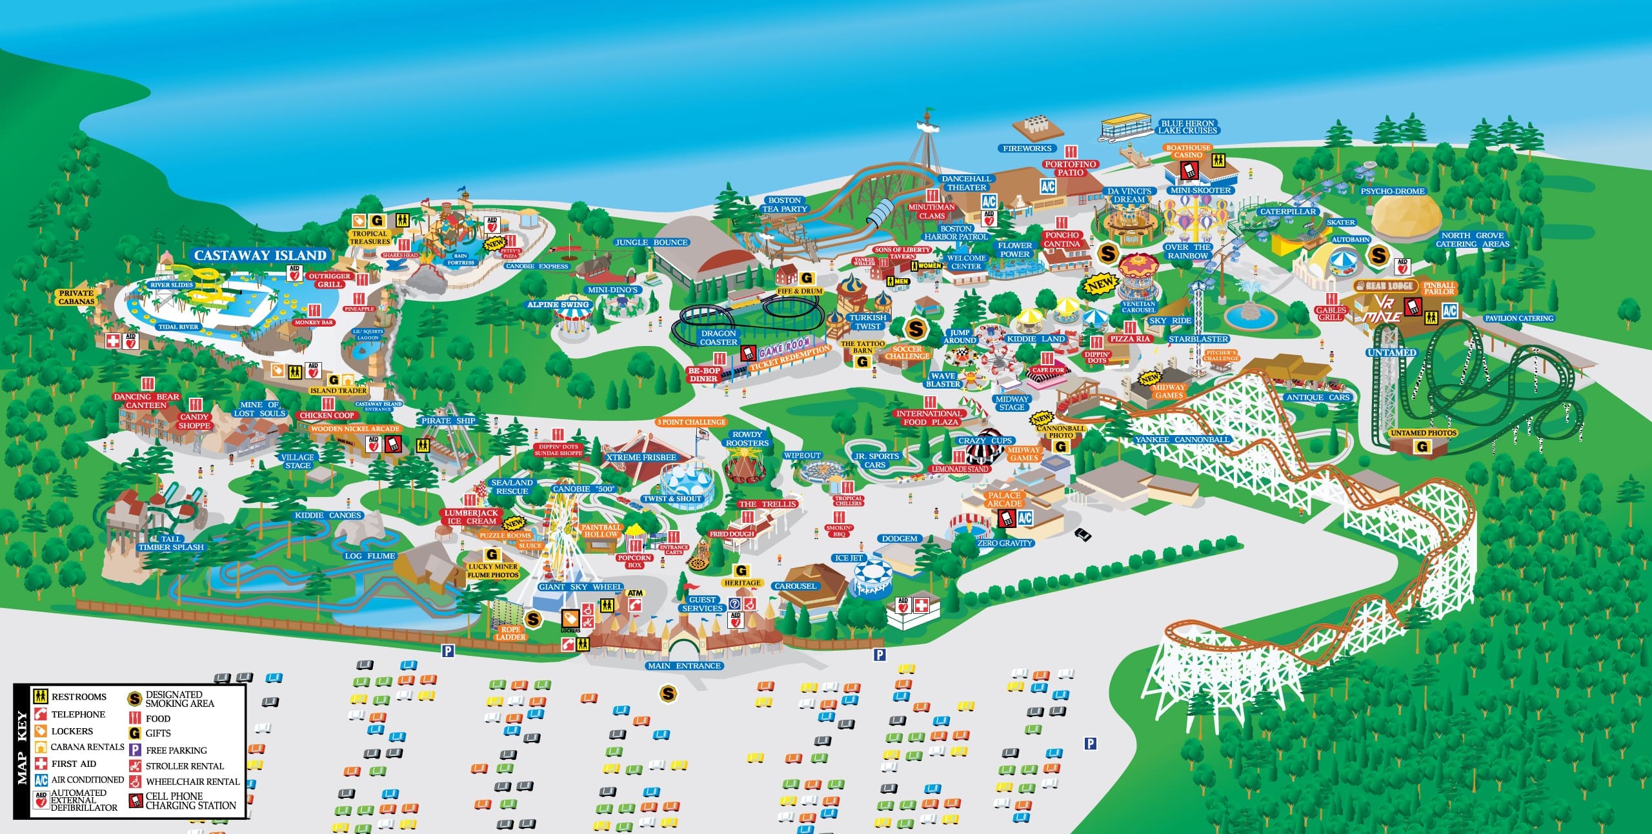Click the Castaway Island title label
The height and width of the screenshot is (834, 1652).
click(x=260, y=256)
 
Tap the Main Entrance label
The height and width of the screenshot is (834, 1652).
click(x=684, y=666)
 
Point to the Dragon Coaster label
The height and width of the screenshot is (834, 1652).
click(x=718, y=338)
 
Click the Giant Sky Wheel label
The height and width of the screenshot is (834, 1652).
click(x=580, y=587)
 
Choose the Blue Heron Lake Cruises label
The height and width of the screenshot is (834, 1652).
click(x=1187, y=127)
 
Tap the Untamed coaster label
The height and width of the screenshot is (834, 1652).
click(x=1391, y=352)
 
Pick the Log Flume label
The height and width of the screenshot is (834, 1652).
click(x=370, y=556)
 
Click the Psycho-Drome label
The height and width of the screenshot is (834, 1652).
click(x=1393, y=192)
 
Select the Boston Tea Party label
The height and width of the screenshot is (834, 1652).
click(x=785, y=205)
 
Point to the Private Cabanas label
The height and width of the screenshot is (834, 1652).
click(x=77, y=297)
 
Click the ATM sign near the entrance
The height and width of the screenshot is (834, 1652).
click(x=635, y=593)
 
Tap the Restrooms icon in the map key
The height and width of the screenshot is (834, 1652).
click(x=41, y=697)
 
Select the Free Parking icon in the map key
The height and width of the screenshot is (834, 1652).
click(x=135, y=750)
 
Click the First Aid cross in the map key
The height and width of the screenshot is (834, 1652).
click(x=41, y=763)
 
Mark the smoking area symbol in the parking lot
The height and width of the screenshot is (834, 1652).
click(x=668, y=694)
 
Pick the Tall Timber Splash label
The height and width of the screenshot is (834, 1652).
click(x=170, y=543)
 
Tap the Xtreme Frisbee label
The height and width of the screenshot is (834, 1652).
click(x=641, y=458)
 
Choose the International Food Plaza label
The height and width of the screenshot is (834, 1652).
click(x=929, y=418)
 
